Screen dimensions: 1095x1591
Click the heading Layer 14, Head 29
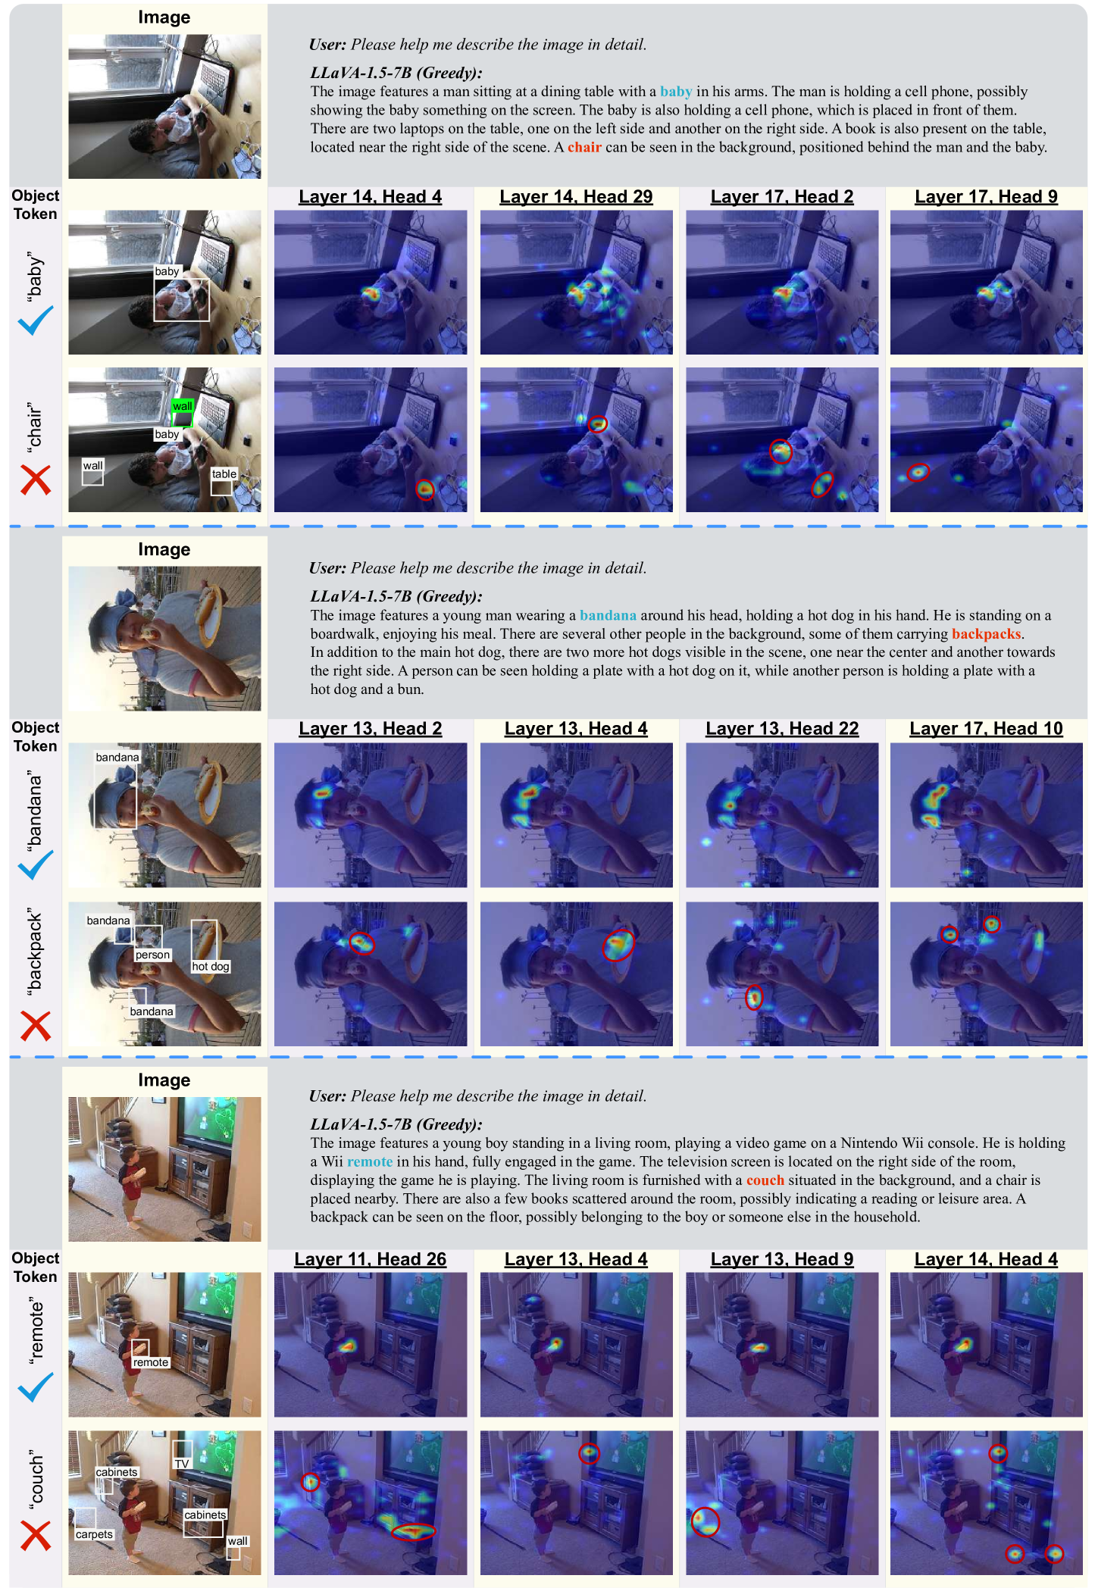[x=576, y=197]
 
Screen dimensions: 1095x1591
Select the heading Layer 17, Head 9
[x=986, y=197]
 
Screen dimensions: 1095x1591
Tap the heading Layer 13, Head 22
[x=782, y=729]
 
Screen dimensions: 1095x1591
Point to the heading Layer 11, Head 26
[x=371, y=1259]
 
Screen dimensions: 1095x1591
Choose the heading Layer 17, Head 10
[x=986, y=729]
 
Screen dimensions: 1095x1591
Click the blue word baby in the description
[x=676, y=92]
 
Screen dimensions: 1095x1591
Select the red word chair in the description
[x=584, y=147]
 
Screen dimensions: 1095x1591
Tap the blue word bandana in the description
[x=608, y=615]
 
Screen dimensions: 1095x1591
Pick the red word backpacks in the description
[x=987, y=634]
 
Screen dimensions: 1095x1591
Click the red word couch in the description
[x=765, y=1180]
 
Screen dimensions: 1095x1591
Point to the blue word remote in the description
[x=370, y=1161]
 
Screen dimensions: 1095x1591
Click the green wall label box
[x=183, y=406]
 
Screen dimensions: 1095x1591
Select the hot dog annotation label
[x=211, y=967]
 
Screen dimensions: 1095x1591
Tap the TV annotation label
[x=182, y=1464]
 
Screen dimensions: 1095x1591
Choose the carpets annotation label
[x=94, y=1534]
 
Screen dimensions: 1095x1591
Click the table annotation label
[x=224, y=474]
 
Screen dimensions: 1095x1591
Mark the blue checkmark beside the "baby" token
[x=36, y=320]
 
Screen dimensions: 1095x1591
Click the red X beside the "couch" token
[x=36, y=1536]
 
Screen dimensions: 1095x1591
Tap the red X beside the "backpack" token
[x=36, y=1026]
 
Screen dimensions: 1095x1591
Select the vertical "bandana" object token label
[x=35, y=807]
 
